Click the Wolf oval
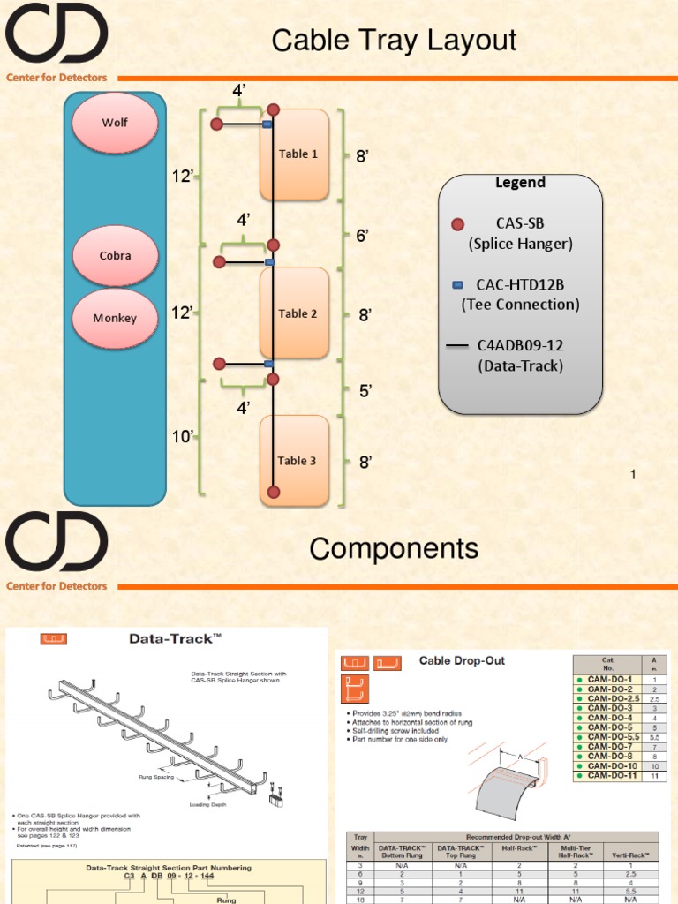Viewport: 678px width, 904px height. (115, 123)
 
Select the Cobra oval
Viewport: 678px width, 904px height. (115, 255)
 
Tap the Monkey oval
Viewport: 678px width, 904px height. (115, 318)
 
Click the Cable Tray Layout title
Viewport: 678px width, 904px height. (394, 41)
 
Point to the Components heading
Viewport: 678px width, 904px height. (394, 549)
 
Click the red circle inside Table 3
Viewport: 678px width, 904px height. (274, 490)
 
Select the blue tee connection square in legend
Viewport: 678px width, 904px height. (457, 285)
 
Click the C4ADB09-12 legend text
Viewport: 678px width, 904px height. (520, 345)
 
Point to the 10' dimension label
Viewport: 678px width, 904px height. (182, 437)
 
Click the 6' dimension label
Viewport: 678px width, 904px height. (362, 236)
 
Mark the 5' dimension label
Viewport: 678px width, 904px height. (365, 389)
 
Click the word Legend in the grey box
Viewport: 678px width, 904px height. (520, 183)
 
